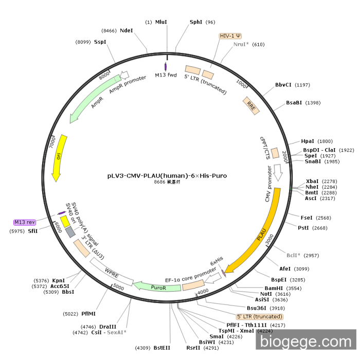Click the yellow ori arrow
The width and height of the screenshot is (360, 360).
58,157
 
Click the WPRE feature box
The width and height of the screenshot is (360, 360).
111,270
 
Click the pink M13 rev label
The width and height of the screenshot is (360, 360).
24,222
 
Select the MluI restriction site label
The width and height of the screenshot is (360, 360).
161,22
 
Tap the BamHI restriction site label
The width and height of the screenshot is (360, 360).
275,288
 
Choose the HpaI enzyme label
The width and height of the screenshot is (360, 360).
308,141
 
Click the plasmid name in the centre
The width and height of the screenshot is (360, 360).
167,175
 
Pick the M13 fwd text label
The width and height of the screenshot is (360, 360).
166,75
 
